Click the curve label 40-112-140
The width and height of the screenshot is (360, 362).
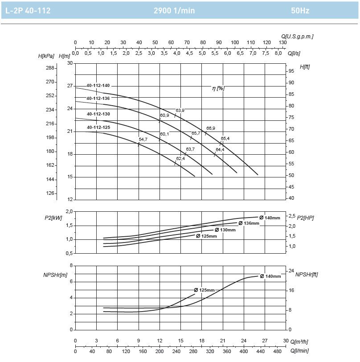tap(98, 85)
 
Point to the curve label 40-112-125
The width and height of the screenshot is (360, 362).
tap(98, 127)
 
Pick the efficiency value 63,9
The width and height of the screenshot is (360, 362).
tap(180, 110)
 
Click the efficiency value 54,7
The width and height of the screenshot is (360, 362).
tap(143, 140)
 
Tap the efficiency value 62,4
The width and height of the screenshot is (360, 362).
tap(180, 158)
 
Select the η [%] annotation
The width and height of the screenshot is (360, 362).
tap(218, 88)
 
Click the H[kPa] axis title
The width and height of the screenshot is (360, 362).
tap(47, 56)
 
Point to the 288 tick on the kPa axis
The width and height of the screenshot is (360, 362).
tap(50, 68)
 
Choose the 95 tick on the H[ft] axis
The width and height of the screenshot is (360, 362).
tap(291, 71)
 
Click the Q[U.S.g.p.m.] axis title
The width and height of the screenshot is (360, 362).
tap(297, 36)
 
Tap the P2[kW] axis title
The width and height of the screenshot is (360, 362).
tap(53, 218)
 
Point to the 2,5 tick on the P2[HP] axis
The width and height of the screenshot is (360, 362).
tap(291, 216)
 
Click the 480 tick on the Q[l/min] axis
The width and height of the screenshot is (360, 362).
tap(278, 351)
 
